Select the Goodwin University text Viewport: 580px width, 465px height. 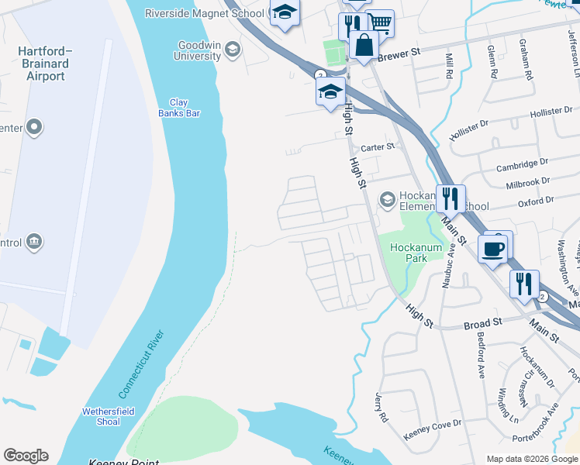click(199, 51)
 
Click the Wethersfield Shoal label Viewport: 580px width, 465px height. click(102, 416)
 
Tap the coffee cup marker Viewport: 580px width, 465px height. click(493, 249)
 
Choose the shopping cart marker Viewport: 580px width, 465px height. click(379, 23)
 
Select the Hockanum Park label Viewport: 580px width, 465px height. click(416, 253)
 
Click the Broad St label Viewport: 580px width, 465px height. click(483, 320)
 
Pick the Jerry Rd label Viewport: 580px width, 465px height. click(381, 407)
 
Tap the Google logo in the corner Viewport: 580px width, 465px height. click(26, 456)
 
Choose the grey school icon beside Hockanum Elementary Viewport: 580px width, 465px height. click(386, 201)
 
